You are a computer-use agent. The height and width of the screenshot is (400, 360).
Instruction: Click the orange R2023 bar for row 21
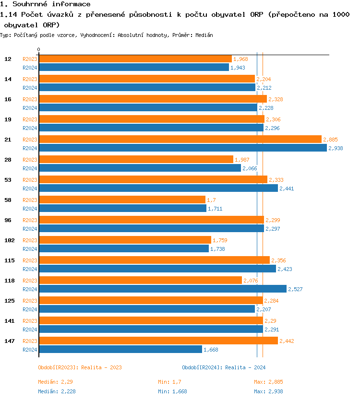(180, 139)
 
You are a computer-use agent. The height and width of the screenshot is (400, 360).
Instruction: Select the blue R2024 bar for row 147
(120, 349)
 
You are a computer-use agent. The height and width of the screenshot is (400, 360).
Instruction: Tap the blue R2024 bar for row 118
(163, 289)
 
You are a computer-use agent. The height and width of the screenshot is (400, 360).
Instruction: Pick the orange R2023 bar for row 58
(122, 200)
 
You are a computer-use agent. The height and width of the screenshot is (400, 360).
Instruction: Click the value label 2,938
(336, 148)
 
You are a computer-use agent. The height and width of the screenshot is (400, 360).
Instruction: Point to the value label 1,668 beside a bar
(211, 350)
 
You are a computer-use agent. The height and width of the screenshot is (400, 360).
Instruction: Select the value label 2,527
(295, 289)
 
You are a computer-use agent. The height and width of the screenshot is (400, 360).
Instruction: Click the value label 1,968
(240, 59)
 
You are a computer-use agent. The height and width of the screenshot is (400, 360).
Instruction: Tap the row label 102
(8, 240)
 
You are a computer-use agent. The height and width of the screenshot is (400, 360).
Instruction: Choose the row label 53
(8, 180)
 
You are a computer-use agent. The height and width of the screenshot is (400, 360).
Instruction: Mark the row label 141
(8, 321)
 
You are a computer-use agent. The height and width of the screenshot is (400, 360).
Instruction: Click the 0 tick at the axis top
(39, 49)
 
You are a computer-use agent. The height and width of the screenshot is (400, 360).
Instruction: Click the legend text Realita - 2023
(101, 367)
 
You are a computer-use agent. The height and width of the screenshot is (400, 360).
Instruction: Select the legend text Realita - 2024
(245, 367)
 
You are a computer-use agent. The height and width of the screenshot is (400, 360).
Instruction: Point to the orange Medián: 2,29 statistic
(56, 382)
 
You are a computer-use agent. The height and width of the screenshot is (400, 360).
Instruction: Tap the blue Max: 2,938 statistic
(272, 391)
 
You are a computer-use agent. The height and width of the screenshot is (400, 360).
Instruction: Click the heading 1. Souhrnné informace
(46, 4)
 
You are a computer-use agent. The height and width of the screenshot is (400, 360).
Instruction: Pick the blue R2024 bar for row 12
(134, 68)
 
